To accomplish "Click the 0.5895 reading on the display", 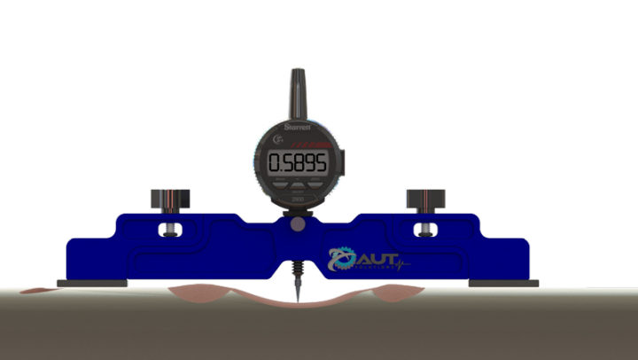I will pyautogui.click(x=299, y=162).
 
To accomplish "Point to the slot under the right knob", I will pyautogui.click(x=424, y=231).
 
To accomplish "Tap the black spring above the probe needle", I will pyautogui.click(x=295, y=265).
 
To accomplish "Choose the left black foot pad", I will pyautogui.click(x=92, y=284).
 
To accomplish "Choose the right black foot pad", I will pyautogui.click(x=502, y=284).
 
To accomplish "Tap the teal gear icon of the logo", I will pyautogui.click(x=340, y=259).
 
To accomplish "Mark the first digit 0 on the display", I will pyautogui.click(x=276, y=162).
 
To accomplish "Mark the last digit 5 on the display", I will pyautogui.click(x=320, y=162).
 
